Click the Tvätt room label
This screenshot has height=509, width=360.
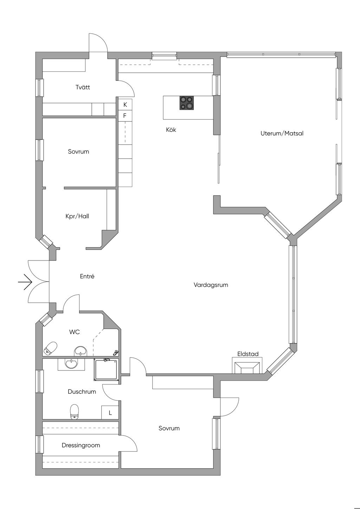(x=83, y=87)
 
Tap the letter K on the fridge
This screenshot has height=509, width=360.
(x=125, y=104)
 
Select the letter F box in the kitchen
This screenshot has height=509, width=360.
(x=125, y=116)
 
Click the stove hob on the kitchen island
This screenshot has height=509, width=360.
(x=187, y=103)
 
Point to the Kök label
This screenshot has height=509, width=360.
(x=171, y=130)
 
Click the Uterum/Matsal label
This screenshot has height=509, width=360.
(x=282, y=133)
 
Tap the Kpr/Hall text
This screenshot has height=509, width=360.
(x=77, y=216)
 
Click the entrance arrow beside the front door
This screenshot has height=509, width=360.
(x=25, y=282)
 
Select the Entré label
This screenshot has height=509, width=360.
(x=87, y=276)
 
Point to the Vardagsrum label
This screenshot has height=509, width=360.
(x=211, y=285)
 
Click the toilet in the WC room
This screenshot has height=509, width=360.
(x=51, y=348)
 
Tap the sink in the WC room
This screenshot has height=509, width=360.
(x=81, y=351)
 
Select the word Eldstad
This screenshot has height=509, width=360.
(x=248, y=354)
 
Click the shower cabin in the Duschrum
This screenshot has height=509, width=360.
(x=107, y=369)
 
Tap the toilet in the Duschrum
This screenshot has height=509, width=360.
(x=74, y=412)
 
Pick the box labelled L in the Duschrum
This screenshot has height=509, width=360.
(x=110, y=412)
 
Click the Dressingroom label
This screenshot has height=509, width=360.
(x=81, y=445)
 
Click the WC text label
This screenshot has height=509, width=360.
(x=75, y=332)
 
